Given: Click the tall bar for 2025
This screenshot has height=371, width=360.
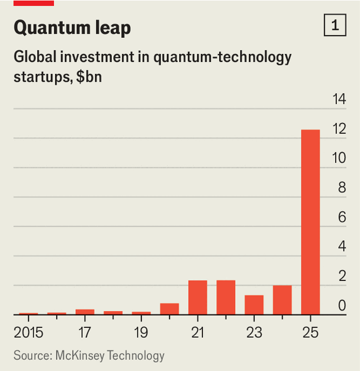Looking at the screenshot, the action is tap(310, 222).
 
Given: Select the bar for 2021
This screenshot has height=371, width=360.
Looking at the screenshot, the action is tap(198, 298).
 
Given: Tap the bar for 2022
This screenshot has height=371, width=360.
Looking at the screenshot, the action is tap(226, 298).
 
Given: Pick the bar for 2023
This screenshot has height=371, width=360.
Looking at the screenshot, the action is tap(254, 305).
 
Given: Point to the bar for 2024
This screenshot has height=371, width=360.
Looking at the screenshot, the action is tap(282, 300).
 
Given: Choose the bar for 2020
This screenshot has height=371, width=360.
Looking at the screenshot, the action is tap(169, 309).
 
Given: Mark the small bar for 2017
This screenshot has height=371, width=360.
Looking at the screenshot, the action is tap(85, 312).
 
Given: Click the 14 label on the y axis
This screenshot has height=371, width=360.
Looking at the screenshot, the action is tap(339, 99).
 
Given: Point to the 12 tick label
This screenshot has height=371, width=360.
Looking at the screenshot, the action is tap(339, 129).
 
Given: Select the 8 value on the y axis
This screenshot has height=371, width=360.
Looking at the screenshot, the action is tap(342, 188).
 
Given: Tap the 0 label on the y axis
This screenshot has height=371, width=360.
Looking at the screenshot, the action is tap(342, 305).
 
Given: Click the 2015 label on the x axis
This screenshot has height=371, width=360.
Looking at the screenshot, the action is tap(28, 333).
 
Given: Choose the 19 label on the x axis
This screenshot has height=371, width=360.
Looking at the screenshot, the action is tap(141, 333).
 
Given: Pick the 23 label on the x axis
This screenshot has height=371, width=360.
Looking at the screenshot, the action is tap(254, 333).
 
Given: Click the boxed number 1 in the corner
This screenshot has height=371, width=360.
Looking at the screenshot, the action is tap(335, 25).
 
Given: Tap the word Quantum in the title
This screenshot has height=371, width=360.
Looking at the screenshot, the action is tap(52, 28).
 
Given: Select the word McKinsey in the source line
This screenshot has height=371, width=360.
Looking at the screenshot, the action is tap(80, 356).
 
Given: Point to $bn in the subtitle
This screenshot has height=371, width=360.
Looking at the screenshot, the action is tap(89, 77).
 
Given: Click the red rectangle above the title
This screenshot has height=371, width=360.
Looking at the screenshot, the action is tap(34, 3).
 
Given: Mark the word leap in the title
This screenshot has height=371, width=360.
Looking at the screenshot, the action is tap(113, 28).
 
